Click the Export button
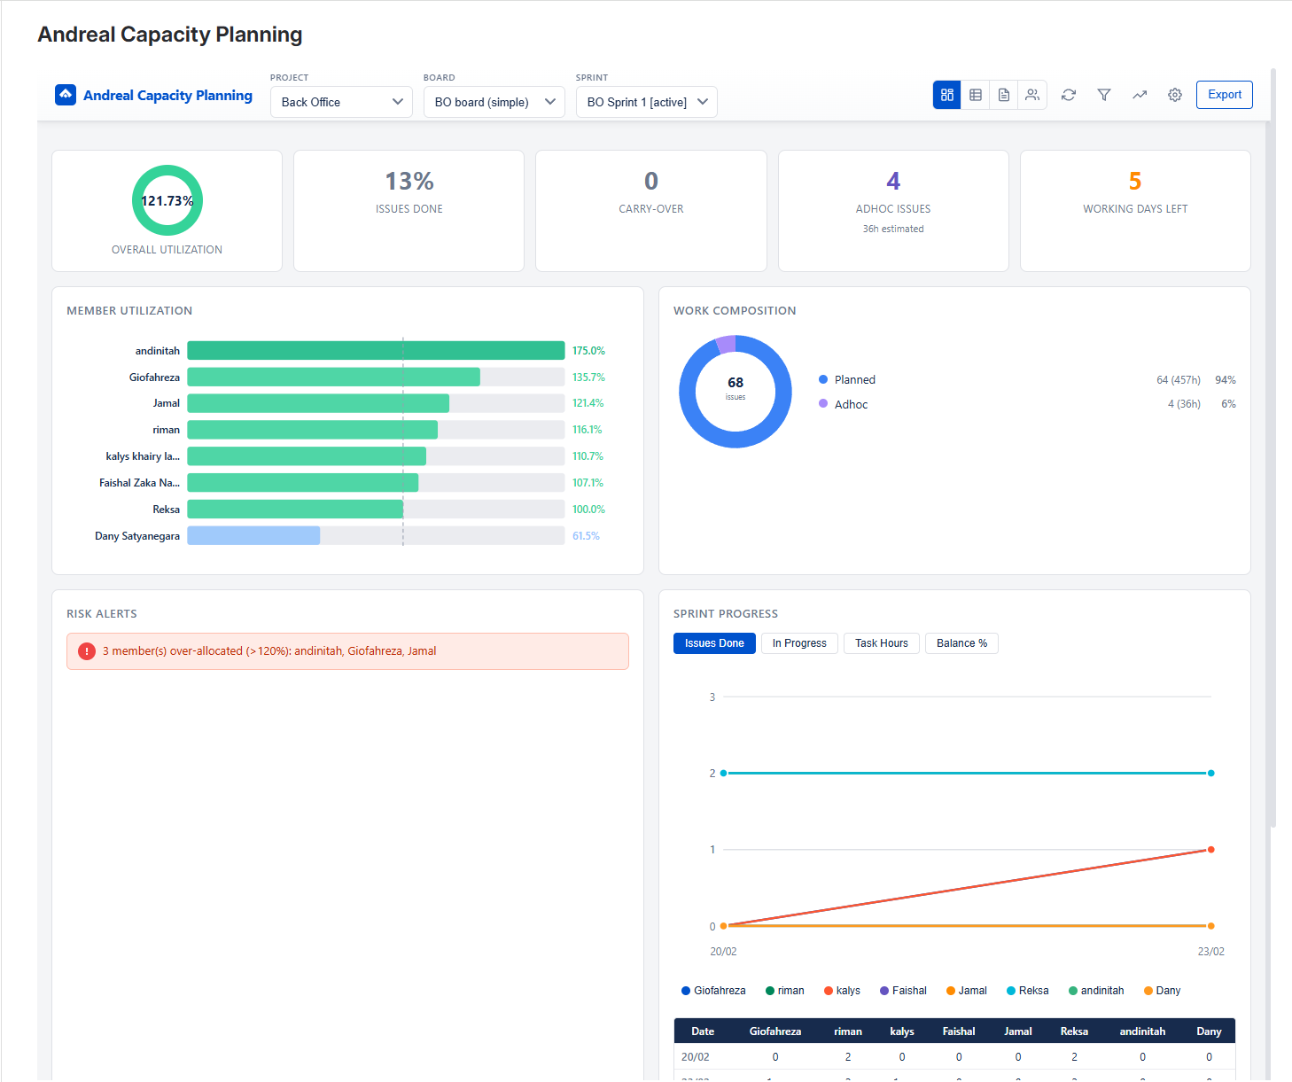1224,95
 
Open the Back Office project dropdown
341,102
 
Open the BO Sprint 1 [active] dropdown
646,102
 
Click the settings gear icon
1174,95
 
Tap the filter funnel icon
1103,95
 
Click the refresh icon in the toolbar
1068,95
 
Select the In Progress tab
798,643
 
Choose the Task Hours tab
881,643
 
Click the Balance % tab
961,643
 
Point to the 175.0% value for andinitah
588,351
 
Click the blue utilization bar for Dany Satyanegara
253,536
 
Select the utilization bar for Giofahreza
333,378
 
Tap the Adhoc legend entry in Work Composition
850,404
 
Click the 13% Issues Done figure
409,182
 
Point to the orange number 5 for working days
1134,182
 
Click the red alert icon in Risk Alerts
87,651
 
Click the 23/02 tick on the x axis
1210,952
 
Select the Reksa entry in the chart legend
1028,991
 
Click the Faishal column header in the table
958,1031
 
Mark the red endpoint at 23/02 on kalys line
1210,850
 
